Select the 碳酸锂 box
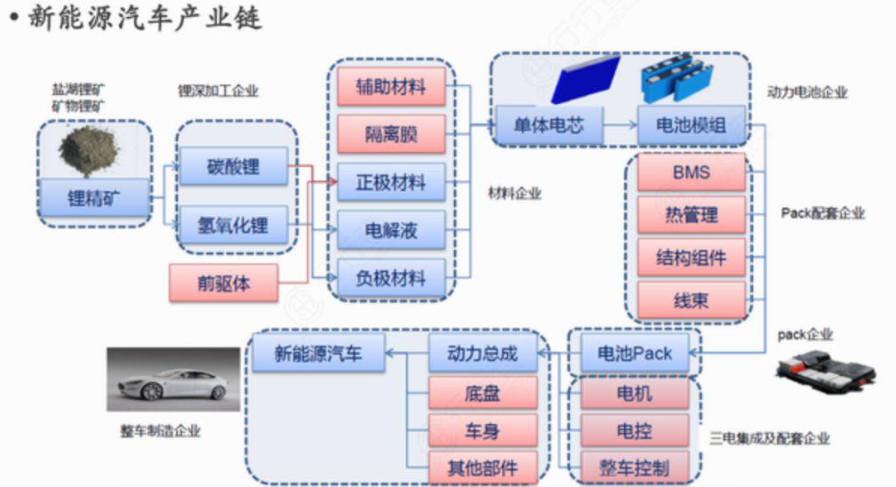click(235, 166)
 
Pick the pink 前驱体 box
click(223, 284)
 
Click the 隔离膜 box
click(391, 135)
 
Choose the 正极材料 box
click(391, 184)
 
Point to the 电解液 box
click(391, 231)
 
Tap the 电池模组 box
click(691, 125)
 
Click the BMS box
click(691, 172)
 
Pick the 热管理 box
click(691, 214)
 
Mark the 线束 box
click(691, 300)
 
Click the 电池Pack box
click(634, 354)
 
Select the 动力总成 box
click(484, 354)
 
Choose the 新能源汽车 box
click(317, 354)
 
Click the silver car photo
click(173, 379)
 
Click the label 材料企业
click(515, 192)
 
